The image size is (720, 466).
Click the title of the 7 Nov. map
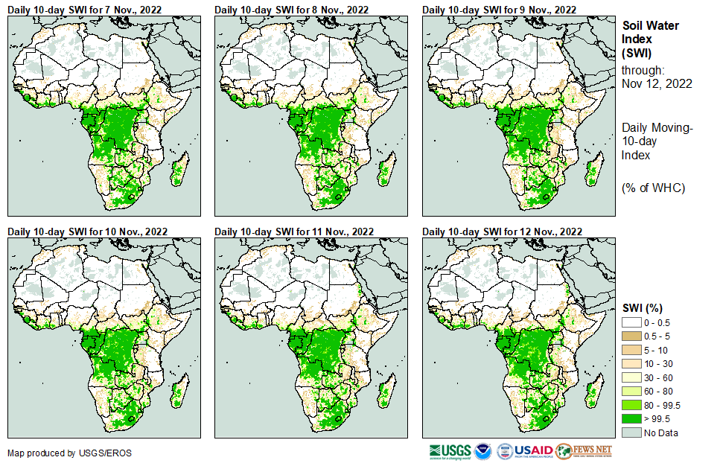pyautogui.click(x=86, y=10)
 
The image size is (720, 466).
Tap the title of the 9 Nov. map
pyautogui.click(x=499, y=10)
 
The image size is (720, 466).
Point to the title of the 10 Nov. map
pyautogui.click(x=87, y=231)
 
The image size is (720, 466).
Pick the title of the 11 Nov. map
pyautogui.click(x=294, y=231)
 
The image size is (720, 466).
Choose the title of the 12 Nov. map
pyautogui.click(x=502, y=231)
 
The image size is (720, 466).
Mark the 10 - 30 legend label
pyautogui.click(x=658, y=363)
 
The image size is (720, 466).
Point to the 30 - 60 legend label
pyautogui.click(x=658, y=377)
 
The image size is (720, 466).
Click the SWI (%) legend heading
pyautogui.click(x=643, y=307)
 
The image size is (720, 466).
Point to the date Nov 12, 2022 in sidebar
pyautogui.click(x=657, y=83)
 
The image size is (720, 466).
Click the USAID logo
pyautogui.click(x=524, y=451)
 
